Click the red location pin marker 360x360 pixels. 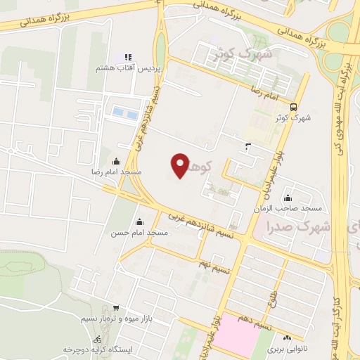coord(180,165)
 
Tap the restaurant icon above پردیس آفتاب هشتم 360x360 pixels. coord(128,57)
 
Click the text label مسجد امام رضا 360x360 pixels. coord(116,172)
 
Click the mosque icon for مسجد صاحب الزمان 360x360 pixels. coord(288,198)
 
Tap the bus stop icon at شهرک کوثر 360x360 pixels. coord(292,106)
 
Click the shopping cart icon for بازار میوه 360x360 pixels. coord(116,308)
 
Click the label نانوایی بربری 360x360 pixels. coord(288,348)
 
